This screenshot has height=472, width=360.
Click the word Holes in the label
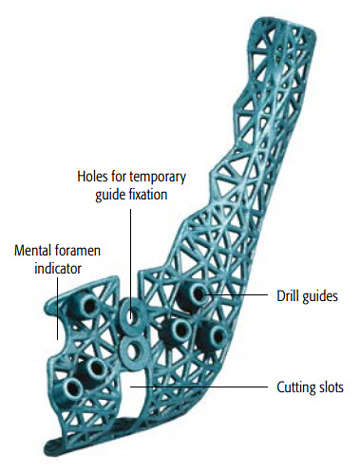pyautogui.click(x=94, y=177)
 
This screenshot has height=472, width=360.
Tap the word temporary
pyautogui.click(x=154, y=177)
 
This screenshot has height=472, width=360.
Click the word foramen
pyautogui.click(x=79, y=253)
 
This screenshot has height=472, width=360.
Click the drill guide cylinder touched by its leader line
pyautogui.click(x=197, y=295)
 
